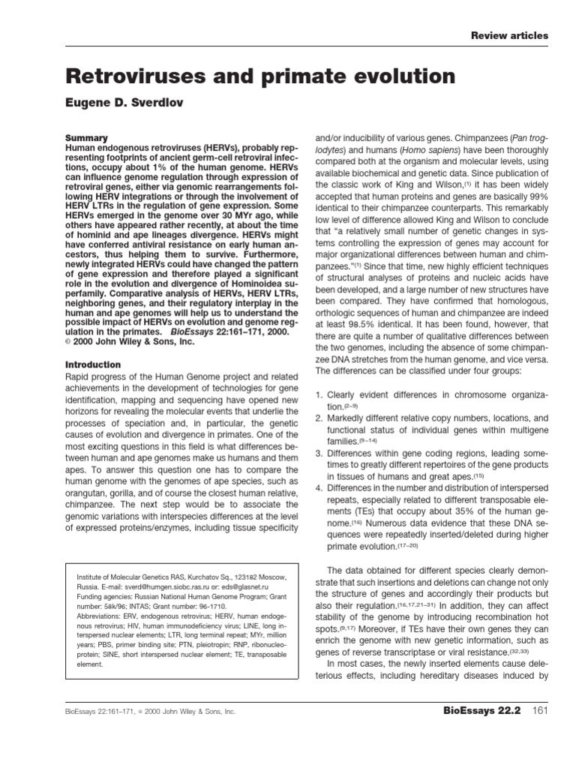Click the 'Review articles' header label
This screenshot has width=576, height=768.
(x=509, y=35)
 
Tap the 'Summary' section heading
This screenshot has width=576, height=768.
(x=88, y=138)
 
